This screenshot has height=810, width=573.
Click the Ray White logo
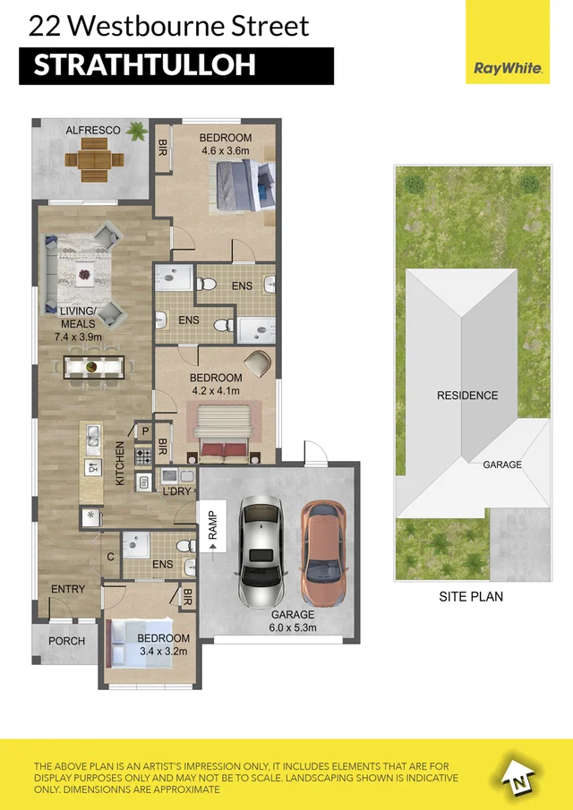(508, 67)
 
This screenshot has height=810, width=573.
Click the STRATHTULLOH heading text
(144, 64)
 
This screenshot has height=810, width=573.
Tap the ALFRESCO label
(92, 131)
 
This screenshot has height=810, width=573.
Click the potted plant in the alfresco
(137, 132)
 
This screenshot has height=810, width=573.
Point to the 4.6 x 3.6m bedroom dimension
(227, 151)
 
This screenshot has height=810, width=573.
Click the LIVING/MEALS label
(78, 317)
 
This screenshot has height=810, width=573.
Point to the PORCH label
(66, 641)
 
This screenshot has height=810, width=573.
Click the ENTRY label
(68, 589)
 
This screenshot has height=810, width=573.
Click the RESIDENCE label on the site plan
(467, 395)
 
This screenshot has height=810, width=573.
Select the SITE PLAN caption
(470, 596)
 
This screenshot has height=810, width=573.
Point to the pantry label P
(145, 431)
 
